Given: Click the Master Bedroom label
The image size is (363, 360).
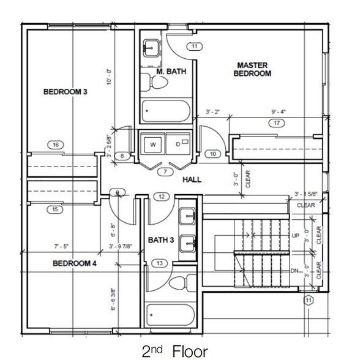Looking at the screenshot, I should (253, 69).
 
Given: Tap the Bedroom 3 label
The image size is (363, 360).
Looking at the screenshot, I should (65, 92).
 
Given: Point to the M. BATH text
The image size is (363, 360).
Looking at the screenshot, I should (171, 72).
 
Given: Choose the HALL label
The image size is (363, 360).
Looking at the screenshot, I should (193, 179).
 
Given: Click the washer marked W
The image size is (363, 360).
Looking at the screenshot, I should (152, 145).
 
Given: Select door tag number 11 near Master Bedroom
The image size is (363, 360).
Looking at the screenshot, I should (194, 47).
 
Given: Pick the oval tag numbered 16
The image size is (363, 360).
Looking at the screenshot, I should (56, 145).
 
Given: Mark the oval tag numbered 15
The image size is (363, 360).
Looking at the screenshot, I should (56, 210).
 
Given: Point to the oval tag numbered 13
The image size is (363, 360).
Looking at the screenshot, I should (160, 263).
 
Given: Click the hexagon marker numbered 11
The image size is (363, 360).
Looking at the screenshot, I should (309, 300).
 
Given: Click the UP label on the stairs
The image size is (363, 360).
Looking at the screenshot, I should (296, 236).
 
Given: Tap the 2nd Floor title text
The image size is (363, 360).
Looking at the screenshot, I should (174, 351).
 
